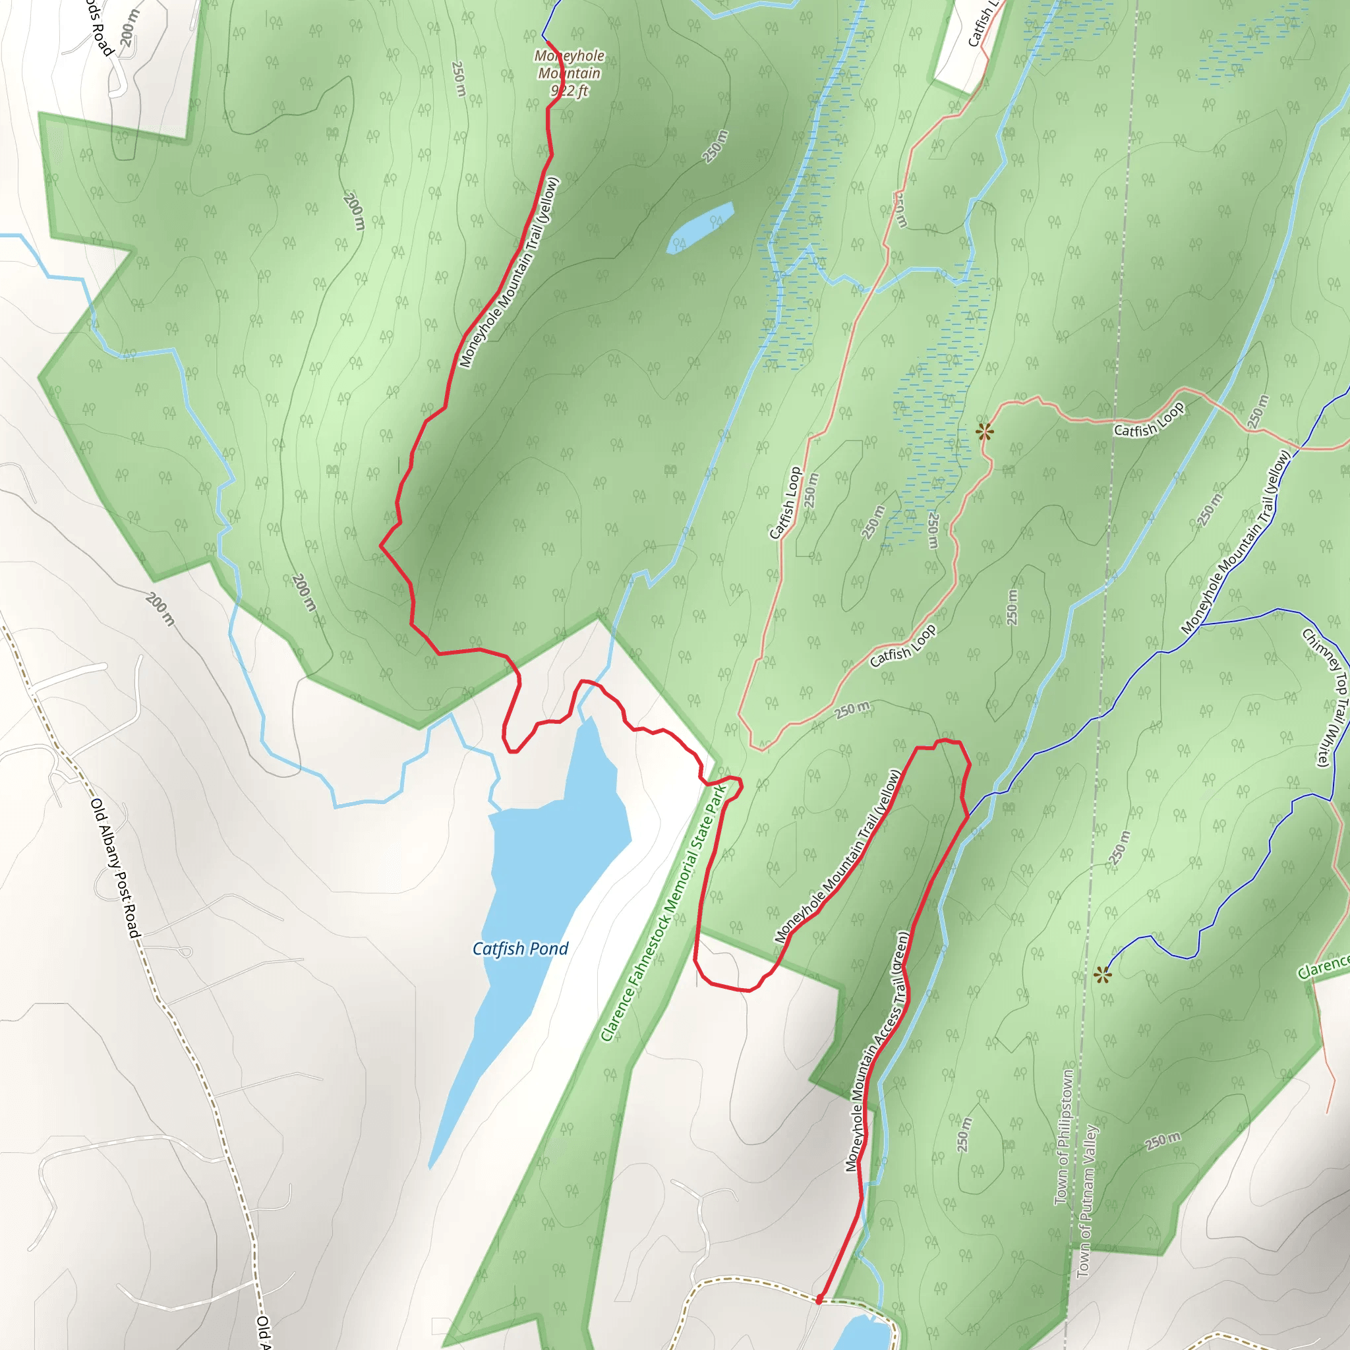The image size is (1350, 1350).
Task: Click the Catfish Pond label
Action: coord(521,948)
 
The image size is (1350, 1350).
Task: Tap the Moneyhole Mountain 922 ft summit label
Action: coord(570,73)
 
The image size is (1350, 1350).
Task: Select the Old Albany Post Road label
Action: coord(115,868)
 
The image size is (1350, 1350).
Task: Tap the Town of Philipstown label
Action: coord(1063,1137)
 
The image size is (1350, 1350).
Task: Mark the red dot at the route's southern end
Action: coord(819,1301)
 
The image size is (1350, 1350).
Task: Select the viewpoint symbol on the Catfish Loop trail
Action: coord(985,432)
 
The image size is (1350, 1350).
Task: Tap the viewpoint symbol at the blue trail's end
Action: coord(1103,975)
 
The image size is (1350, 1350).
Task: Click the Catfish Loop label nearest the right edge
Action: coord(1149,420)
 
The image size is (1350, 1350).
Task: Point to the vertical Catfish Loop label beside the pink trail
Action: coord(784,503)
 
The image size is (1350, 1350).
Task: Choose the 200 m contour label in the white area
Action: coord(161,609)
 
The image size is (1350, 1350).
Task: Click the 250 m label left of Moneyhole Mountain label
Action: coord(457,79)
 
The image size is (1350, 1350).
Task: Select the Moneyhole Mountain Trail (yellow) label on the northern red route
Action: coord(510,272)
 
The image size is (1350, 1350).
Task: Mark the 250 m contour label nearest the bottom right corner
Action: coord(1163,1140)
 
